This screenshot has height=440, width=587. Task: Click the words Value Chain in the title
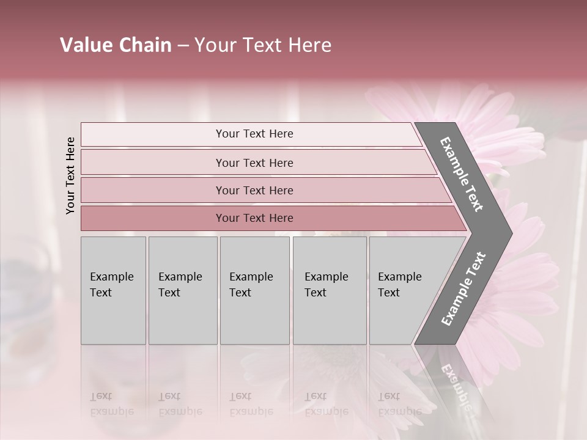pyautogui.click(x=116, y=45)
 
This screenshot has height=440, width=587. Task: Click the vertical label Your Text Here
pyautogui.click(x=70, y=175)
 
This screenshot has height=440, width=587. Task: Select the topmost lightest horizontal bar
pyautogui.click(x=153, y=134)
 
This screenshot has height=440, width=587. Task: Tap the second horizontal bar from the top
pyautogui.click(x=153, y=163)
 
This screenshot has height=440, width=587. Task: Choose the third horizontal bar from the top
pyautogui.click(x=153, y=190)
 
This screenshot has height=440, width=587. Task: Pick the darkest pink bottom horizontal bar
pyautogui.click(x=153, y=218)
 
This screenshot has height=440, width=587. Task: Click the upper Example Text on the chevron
pyautogui.click(x=462, y=175)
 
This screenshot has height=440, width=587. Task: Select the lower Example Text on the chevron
pyautogui.click(x=463, y=289)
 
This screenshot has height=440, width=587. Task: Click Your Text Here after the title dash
pyautogui.click(x=263, y=45)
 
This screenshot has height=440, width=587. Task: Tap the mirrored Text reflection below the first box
pyautogui.click(x=101, y=397)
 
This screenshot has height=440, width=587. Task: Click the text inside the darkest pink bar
pyautogui.click(x=254, y=218)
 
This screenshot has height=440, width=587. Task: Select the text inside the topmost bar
pyautogui.click(x=254, y=134)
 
